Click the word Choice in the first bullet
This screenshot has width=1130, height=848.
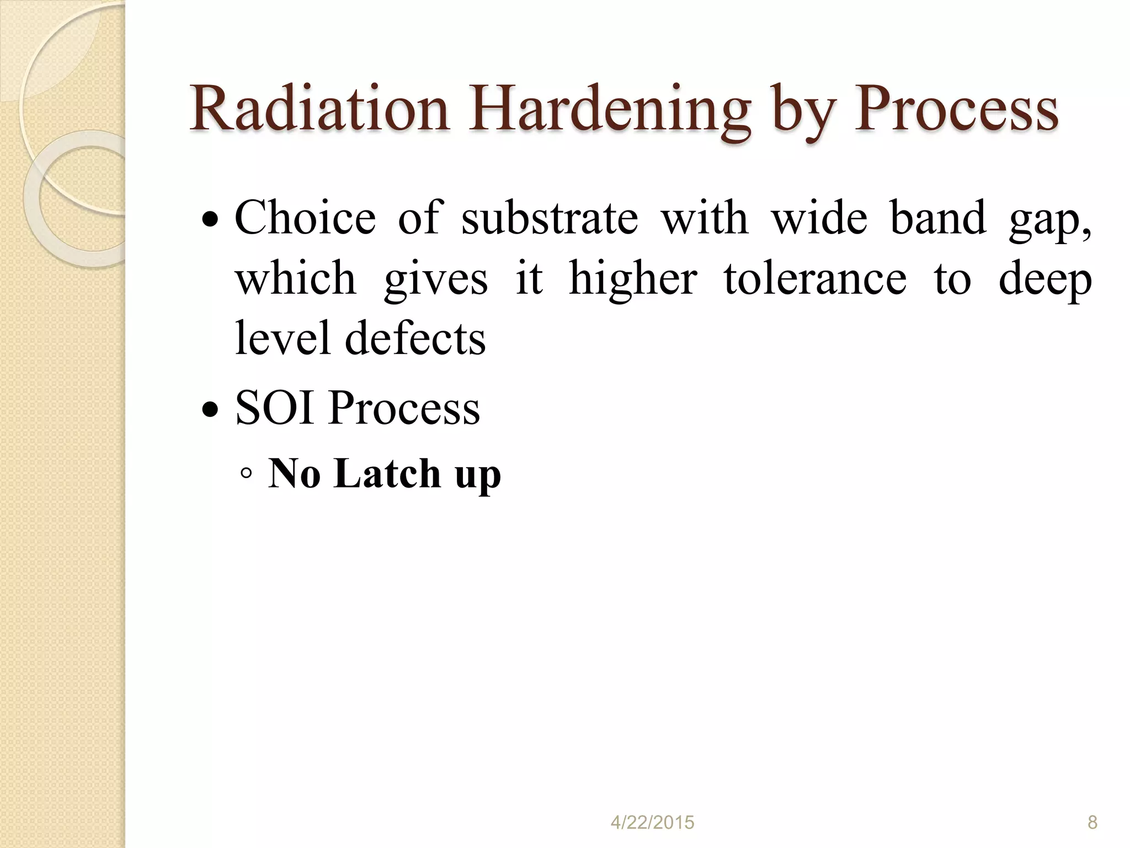[305, 218]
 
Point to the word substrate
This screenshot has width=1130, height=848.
[550, 218]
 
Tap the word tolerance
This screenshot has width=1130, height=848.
[815, 278]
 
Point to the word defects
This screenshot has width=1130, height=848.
[415, 338]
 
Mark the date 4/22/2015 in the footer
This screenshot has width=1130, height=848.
[652, 823]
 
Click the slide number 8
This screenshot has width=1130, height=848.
[1092, 823]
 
